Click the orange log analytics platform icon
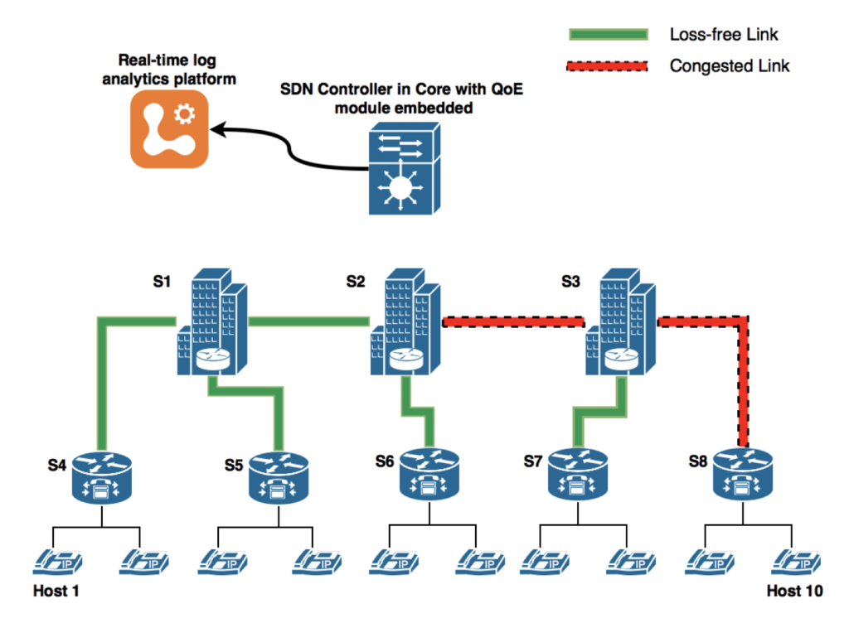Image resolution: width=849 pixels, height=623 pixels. coord(169,130)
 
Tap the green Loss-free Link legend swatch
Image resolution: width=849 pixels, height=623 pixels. coord(607,35)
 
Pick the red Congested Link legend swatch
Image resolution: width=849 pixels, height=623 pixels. coord(607,65)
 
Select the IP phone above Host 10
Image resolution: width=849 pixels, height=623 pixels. coord(794,563)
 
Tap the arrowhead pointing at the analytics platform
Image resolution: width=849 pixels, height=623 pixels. coord(217,129)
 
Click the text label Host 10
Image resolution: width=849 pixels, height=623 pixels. coord(795,591)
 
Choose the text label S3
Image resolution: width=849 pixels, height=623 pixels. coord(570,282)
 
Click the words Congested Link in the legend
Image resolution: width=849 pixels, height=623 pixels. coord(730,65)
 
